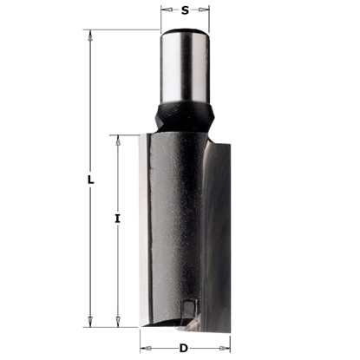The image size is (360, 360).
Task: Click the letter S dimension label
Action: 184,12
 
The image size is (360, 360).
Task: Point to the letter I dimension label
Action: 117,219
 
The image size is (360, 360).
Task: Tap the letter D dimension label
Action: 183,348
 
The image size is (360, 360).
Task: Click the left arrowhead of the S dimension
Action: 165,12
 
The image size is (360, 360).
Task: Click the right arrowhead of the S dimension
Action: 204,12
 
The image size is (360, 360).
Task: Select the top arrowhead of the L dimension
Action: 90,34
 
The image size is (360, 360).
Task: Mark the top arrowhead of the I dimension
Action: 117,138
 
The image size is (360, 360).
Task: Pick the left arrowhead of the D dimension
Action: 143,348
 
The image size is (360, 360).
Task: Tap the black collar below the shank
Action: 184,115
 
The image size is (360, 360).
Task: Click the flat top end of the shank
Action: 184,31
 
